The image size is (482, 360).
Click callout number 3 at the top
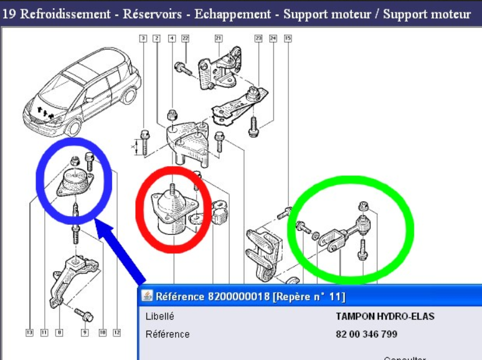click(x=143, y=39)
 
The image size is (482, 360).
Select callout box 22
click(x=185, y=39)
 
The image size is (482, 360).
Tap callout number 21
click(x=219, y=39)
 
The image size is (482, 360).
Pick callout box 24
click(x=273, y=39)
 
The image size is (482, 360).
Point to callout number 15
click(x=287, y=39)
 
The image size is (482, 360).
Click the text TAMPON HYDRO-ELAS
click(x=385, y=316)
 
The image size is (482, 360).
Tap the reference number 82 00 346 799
click(x=366, y=334)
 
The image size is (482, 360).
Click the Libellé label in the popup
click(x=159, y=316)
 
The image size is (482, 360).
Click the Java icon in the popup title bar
click(x=148, y=296)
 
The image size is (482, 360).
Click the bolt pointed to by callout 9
click(x=83, y=313)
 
